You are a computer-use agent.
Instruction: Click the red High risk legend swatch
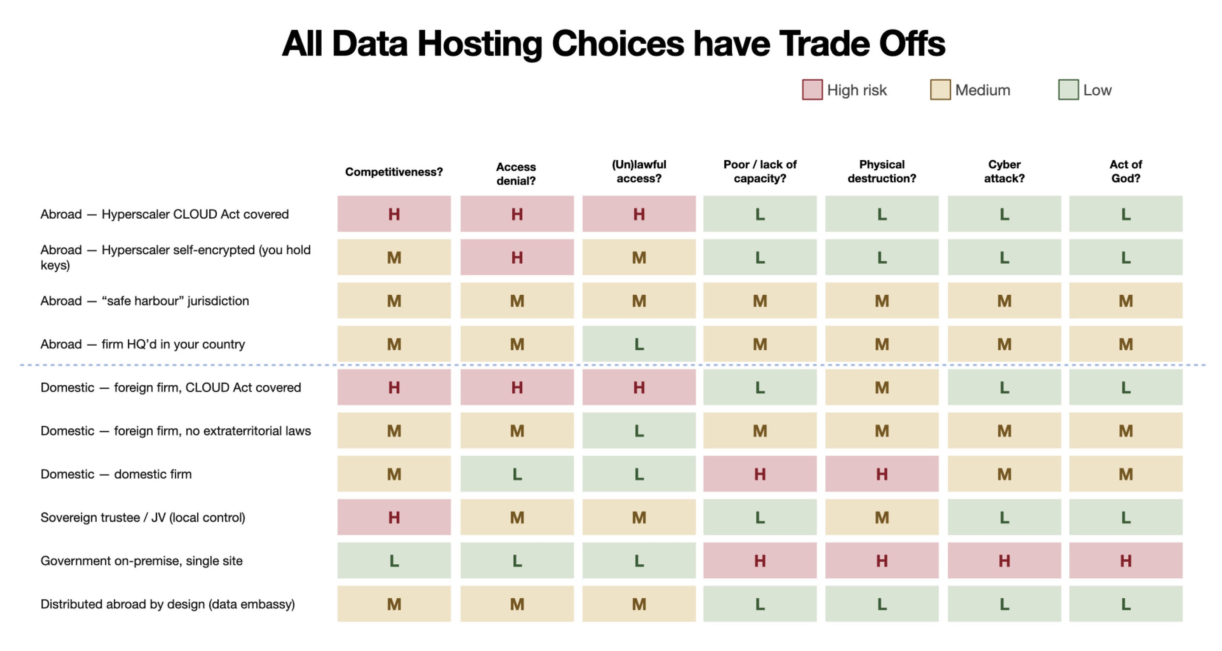pos(812,90)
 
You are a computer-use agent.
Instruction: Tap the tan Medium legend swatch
pos(940,90)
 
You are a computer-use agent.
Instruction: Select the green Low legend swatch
pos(1068,90)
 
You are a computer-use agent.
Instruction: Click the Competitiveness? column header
pos(394,172)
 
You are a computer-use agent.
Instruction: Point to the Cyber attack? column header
pos(1004,172)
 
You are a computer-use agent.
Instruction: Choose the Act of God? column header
pos(1126,172)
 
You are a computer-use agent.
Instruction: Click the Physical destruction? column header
pos(882,172)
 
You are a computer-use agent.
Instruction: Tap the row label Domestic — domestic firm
pos(116,474)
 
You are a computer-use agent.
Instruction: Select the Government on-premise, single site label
pos(141,561)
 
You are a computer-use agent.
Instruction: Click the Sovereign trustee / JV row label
pos(143,517)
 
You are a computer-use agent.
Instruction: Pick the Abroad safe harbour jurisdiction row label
pos(145,301)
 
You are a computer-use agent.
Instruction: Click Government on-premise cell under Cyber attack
pos(1004,560)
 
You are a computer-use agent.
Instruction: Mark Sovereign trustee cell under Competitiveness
pos(394,517)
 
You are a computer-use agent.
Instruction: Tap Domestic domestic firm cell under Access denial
pos(517,474)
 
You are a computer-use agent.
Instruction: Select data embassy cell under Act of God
pos(1126,604)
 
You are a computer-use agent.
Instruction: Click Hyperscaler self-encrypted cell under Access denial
pos(517,257)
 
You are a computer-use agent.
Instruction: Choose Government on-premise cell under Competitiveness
pos(394,560)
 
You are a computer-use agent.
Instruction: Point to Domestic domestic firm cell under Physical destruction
pos(882,474)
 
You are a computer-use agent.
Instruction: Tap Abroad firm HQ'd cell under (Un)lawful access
pos(639,344)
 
